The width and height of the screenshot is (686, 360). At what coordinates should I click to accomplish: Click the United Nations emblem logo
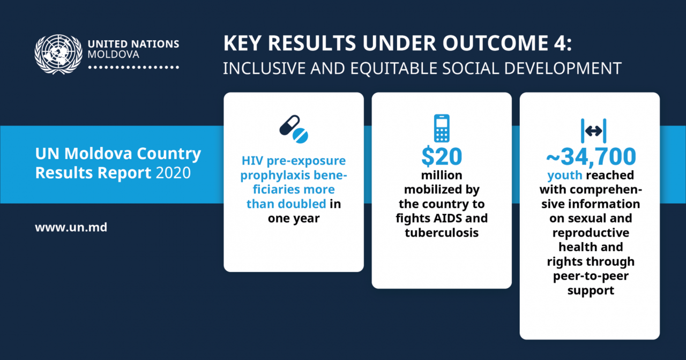58,54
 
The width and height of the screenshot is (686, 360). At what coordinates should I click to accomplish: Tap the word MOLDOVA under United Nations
113,55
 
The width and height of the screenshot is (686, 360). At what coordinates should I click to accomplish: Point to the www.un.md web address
71,228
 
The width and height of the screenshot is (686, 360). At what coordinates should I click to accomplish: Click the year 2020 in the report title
173,172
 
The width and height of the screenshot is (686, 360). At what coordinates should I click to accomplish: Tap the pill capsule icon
294,129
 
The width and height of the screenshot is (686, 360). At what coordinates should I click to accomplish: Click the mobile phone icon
442,128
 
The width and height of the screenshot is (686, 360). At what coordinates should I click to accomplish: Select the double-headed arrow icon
593,131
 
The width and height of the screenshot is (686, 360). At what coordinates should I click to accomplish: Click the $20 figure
442,156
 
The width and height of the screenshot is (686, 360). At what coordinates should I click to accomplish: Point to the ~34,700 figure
591,156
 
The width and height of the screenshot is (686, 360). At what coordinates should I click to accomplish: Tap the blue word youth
565,175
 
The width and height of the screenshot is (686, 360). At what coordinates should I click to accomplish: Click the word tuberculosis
442,232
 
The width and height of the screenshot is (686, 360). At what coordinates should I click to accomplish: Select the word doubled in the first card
302,204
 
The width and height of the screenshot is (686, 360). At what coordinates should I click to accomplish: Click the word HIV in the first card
252,161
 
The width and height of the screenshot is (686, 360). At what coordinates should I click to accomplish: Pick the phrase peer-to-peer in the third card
591,276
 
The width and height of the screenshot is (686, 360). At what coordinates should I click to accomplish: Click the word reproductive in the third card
591,233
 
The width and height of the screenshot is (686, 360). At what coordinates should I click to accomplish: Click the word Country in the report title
169,154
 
